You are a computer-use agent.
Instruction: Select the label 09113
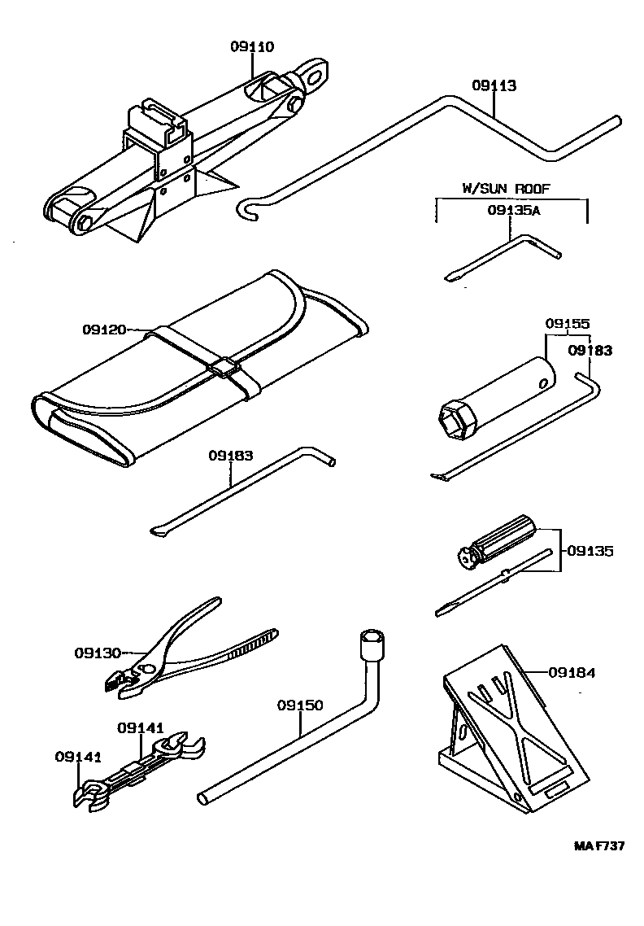tap(494, 85)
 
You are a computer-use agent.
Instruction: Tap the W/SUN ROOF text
tap(506, 188)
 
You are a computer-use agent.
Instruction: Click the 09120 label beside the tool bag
tap(104, 330)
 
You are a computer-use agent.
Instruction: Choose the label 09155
tap(567, 323)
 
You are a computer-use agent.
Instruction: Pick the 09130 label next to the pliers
tap(98, 653)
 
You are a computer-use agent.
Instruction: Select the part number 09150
tap(300, 705)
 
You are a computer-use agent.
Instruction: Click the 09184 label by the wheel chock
tap(572, 672)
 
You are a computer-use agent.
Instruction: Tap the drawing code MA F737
tap(599, 846)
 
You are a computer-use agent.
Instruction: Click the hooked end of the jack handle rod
tap(246, 209)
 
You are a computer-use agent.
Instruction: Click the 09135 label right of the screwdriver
tap(590, 551)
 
